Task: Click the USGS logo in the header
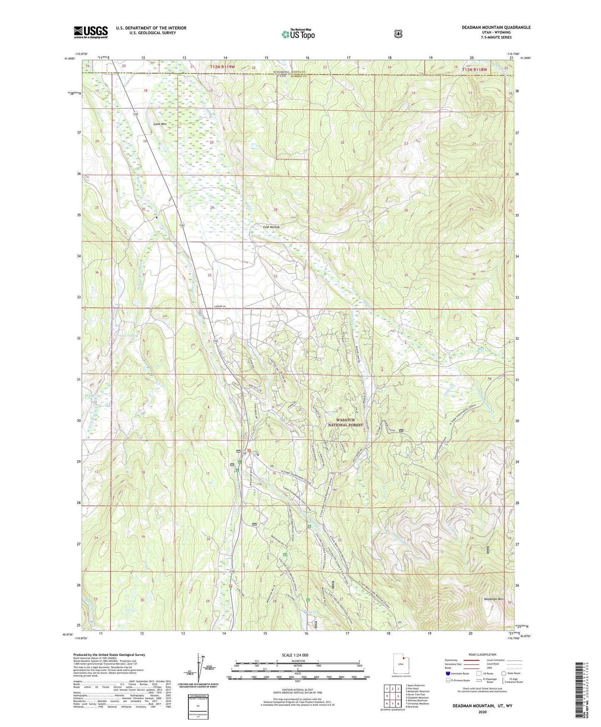pos(91,32)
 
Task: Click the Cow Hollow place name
pos(271,227)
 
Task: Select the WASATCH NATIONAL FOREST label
pos(345,422)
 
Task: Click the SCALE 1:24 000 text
pos(295,655)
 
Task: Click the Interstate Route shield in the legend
pos(448,673)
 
